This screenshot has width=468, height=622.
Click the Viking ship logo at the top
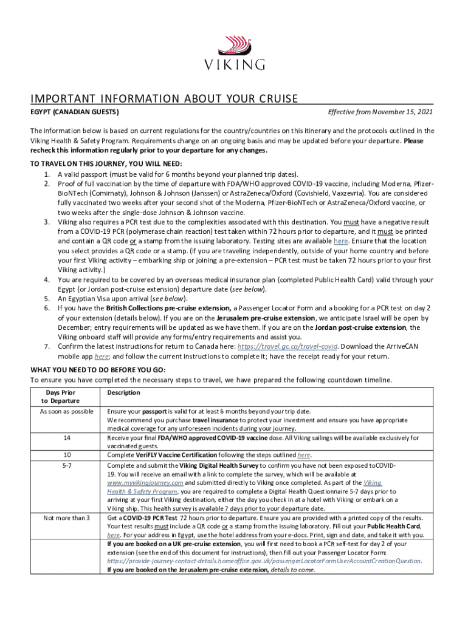(x=234, y=46)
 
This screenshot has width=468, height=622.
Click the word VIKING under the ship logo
(x=234, y=64)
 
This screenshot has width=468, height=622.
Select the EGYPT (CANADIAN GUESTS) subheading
(x=75, y=113)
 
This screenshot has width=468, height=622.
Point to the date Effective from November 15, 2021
(x=380, y=113)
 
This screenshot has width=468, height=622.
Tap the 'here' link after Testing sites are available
(x=340, y=241)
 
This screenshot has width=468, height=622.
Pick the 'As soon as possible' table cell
(x=66, y=412)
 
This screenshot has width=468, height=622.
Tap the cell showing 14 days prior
(x=66, y=437)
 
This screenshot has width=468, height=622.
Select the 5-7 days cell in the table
(x=66, y=465)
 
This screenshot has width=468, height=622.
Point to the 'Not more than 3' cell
(x=66, y=518)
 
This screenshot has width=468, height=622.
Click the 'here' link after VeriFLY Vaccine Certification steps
(x=304, y=455)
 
